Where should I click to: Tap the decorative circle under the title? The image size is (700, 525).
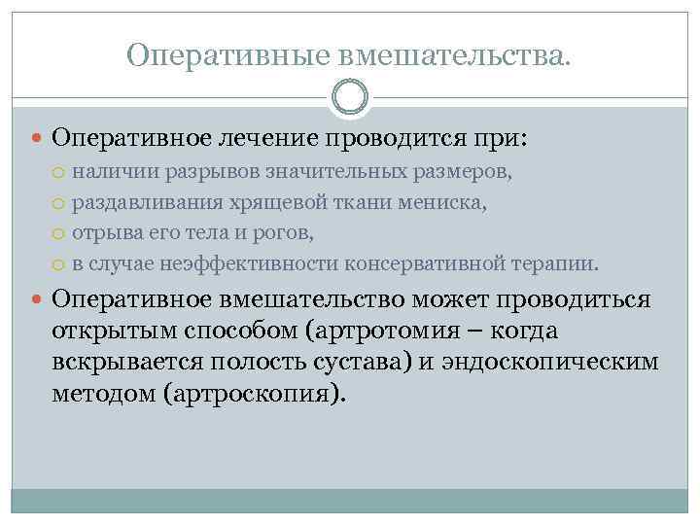(349, 97)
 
